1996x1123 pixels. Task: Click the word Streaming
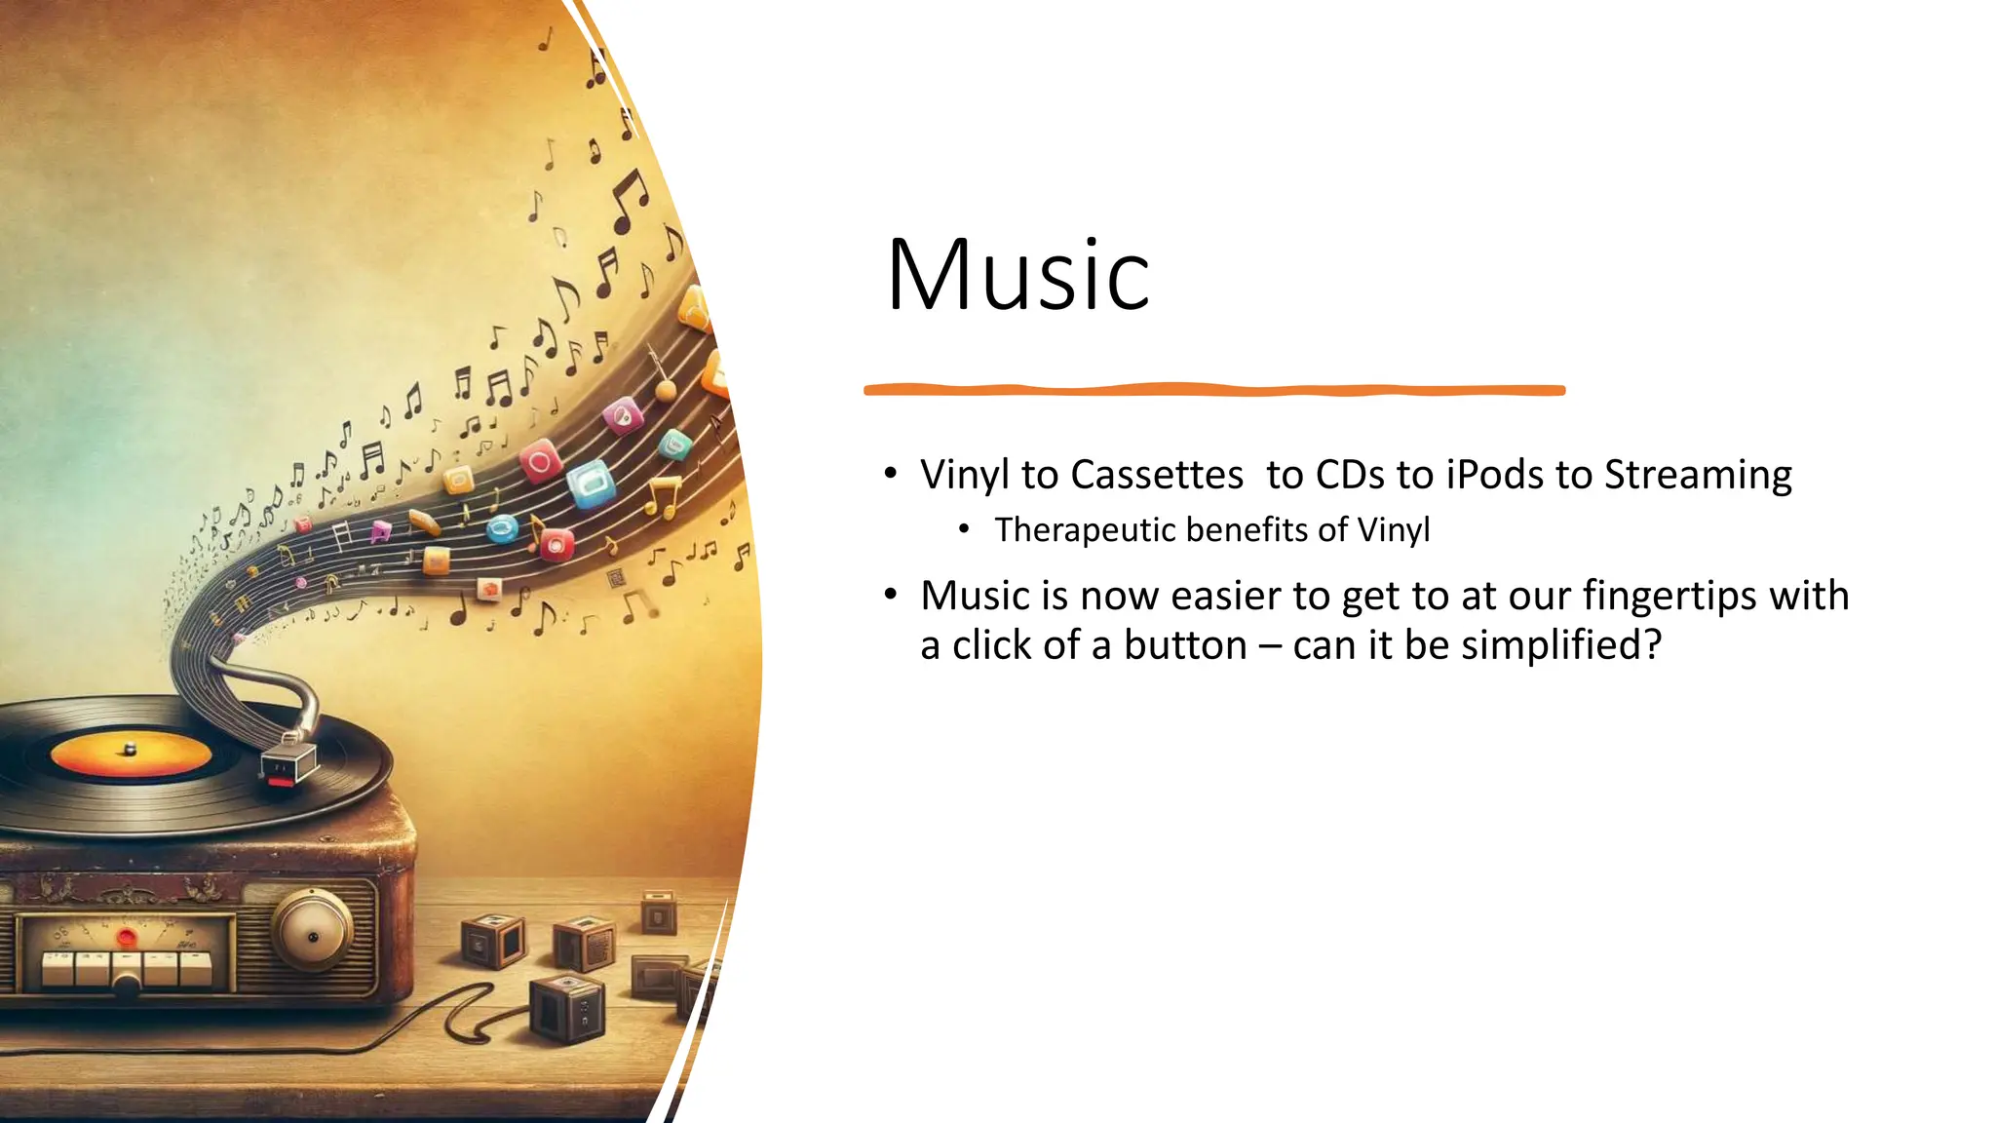(1698, 475)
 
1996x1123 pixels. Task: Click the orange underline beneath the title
(1213, 390)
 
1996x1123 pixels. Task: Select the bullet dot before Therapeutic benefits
(964, 529)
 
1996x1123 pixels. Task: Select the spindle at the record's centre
(130, 749)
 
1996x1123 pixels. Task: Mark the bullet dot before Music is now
(890, 594)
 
